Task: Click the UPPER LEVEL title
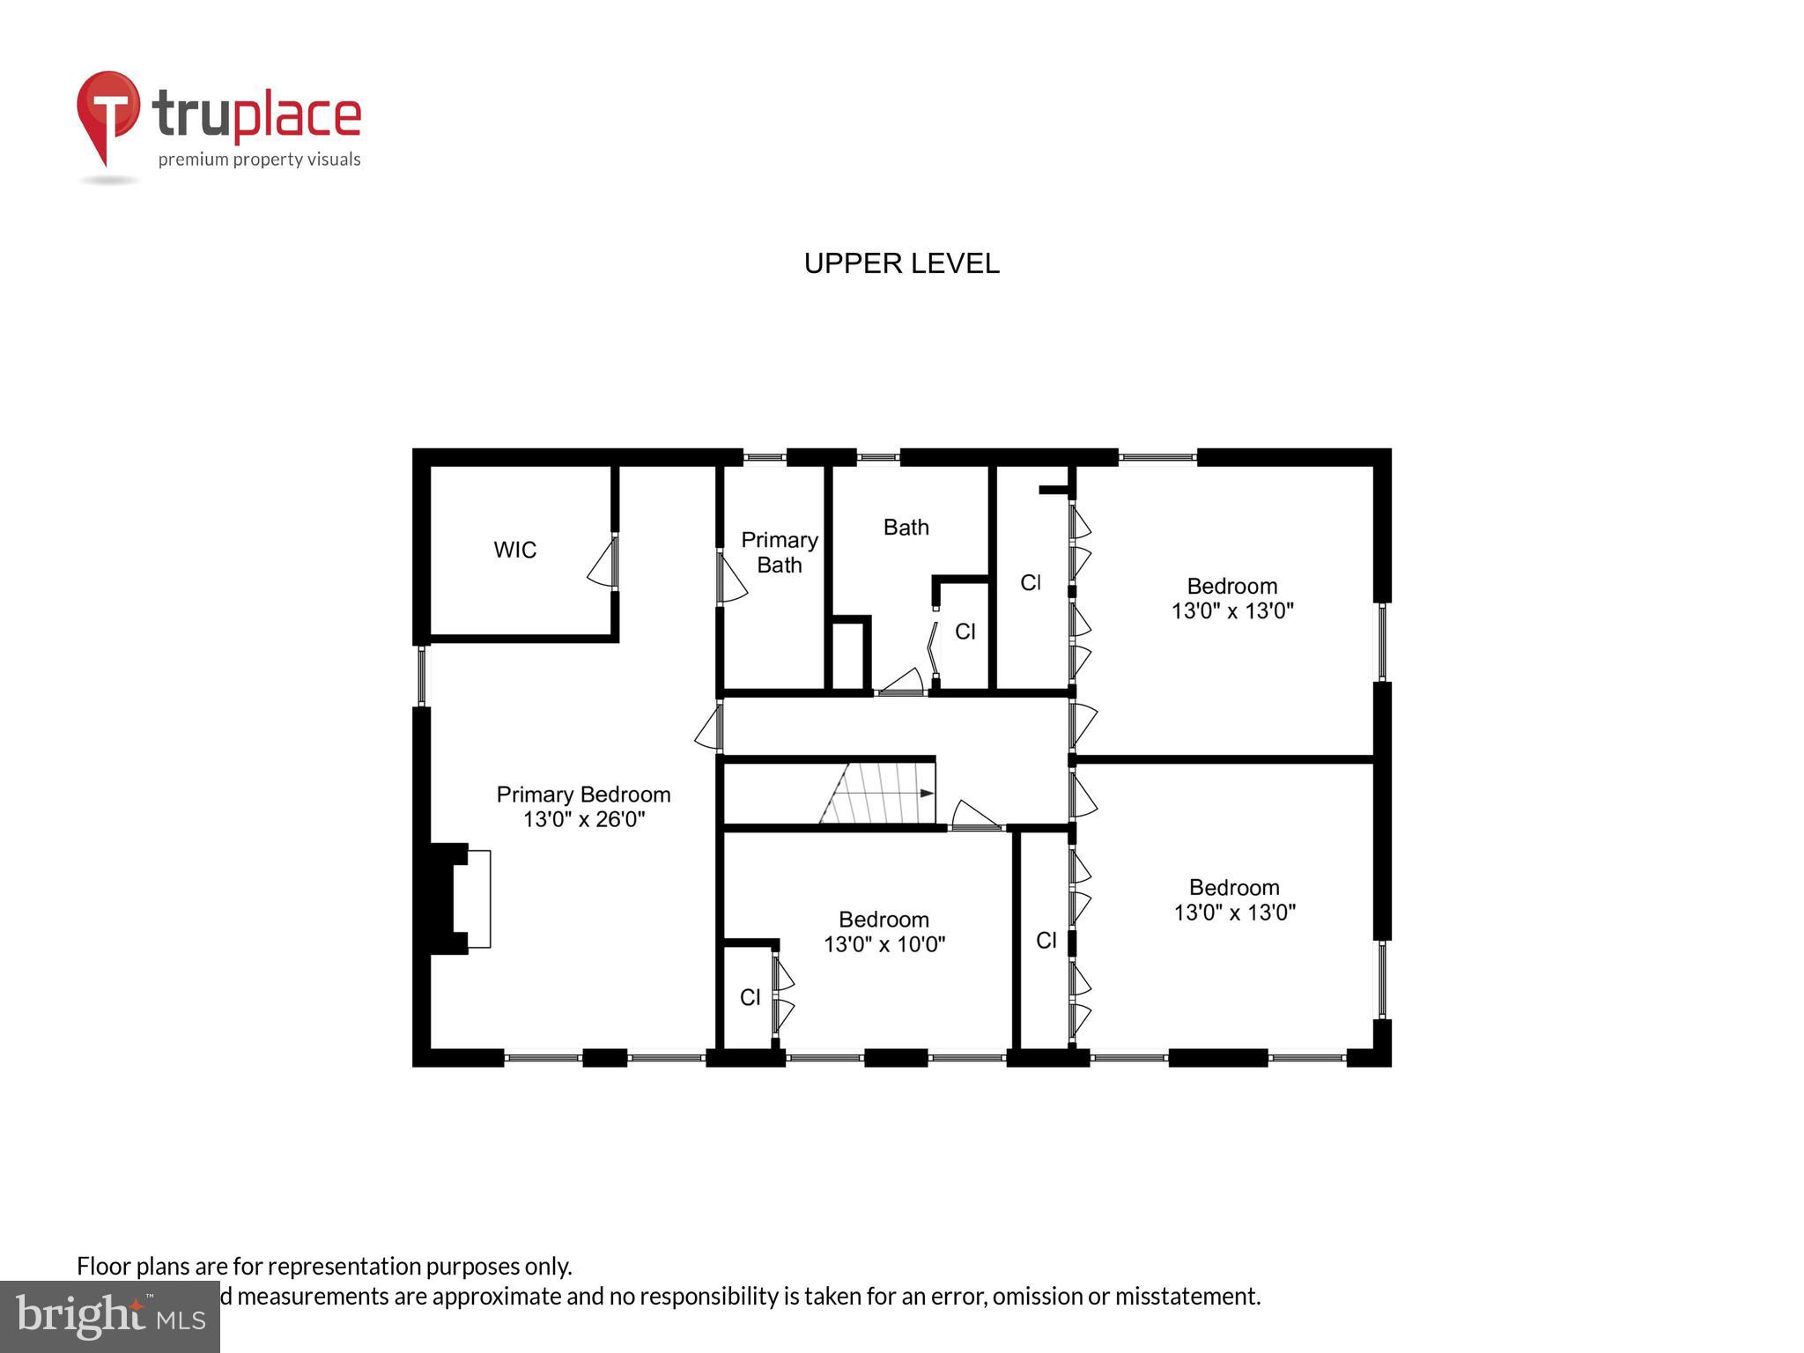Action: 901,263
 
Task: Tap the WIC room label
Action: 514,550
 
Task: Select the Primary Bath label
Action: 779,552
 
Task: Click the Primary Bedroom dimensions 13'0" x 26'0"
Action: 584,819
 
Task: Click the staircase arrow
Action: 925,793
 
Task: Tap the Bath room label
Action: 906,527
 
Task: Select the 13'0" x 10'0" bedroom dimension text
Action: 884,944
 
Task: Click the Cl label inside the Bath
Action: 965,632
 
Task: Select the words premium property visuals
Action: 259,159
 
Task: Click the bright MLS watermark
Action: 110,1317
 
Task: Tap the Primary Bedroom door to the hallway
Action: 708,728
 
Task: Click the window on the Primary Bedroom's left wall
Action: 422,676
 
